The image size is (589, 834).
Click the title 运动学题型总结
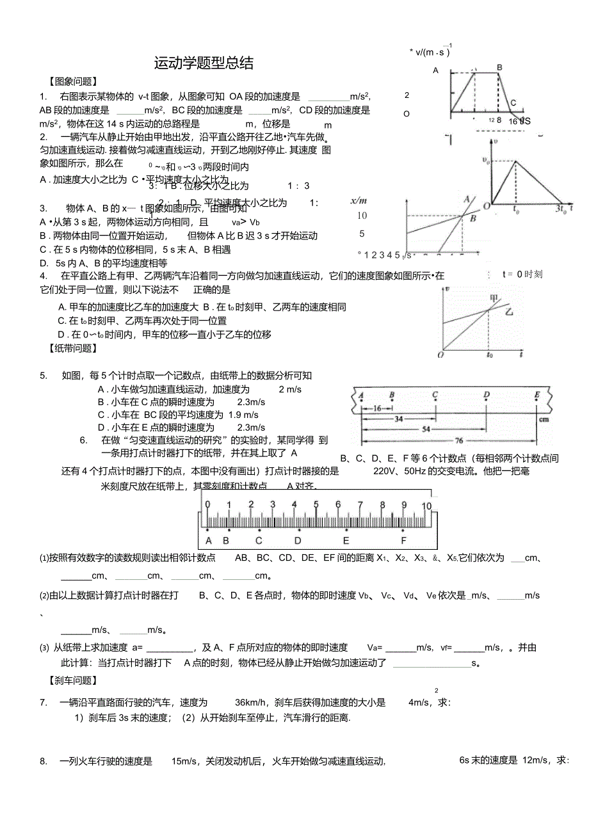coord(204,63)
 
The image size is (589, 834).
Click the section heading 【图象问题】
coord(74,82)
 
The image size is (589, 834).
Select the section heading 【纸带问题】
coord(74,348)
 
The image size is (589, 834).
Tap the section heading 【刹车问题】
coord(74,680)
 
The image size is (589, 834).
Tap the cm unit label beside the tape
coord(544,420)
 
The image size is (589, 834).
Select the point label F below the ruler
coord(403,540)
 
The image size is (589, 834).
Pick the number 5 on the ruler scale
coord(316,505)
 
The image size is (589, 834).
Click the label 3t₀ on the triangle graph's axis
coord(560,208)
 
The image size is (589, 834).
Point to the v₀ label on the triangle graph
coord(488,160)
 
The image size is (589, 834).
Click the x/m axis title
coord(359,201)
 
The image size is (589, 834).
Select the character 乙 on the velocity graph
coord(510,312)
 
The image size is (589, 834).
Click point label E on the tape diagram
coord(537,395)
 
